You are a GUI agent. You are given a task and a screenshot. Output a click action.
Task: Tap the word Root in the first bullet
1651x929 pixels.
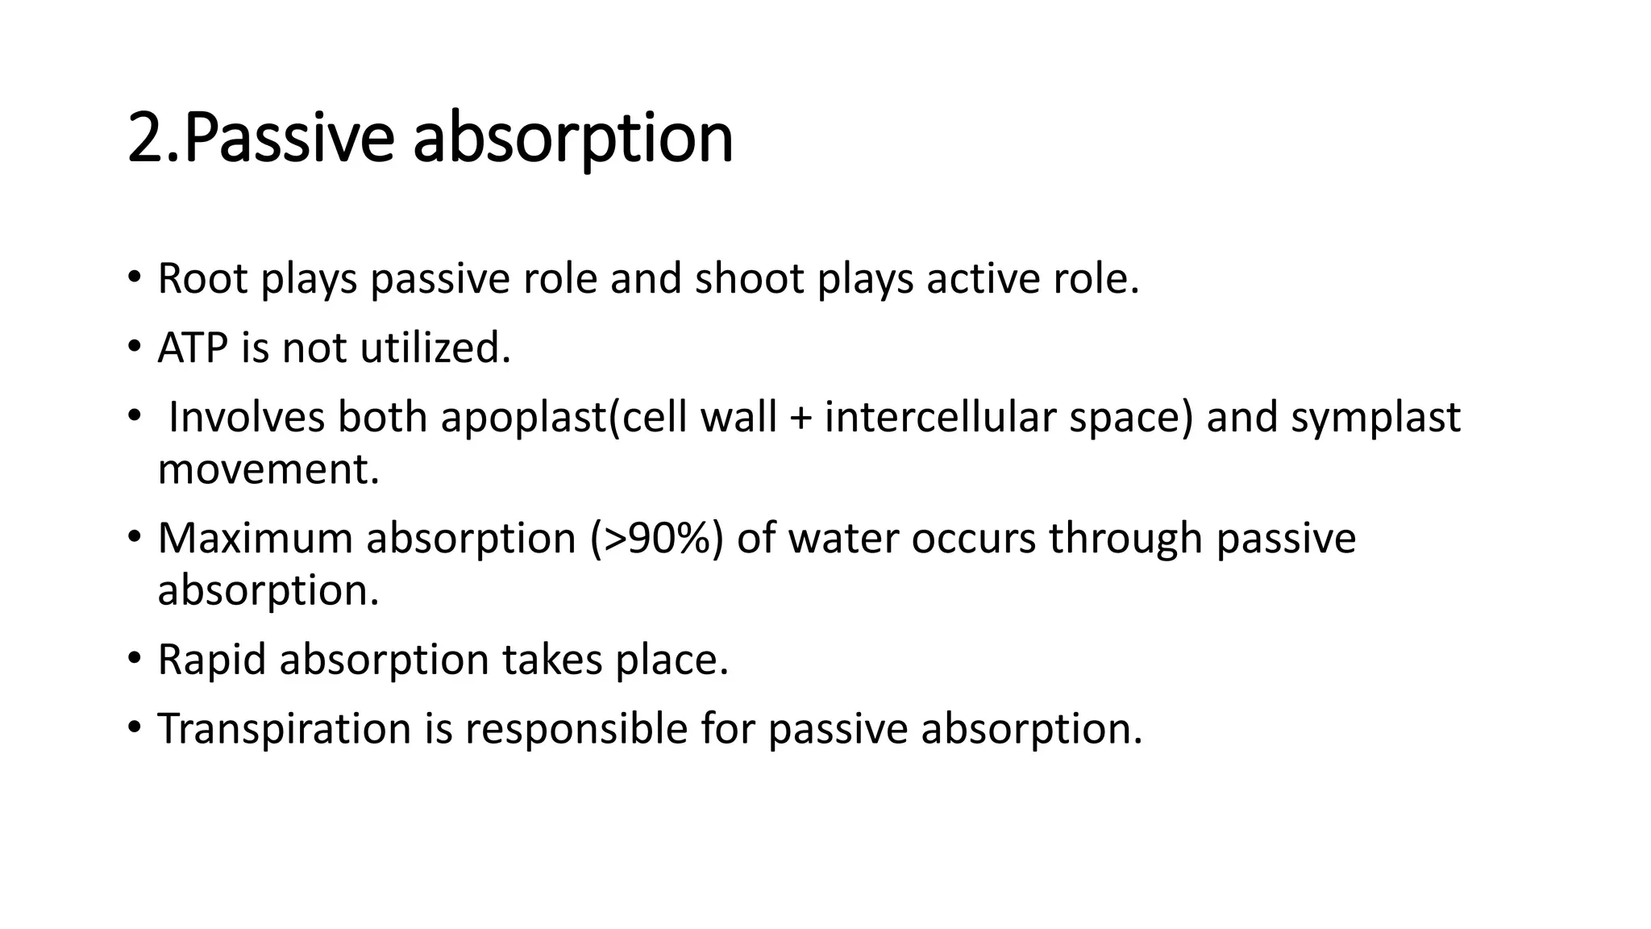202,279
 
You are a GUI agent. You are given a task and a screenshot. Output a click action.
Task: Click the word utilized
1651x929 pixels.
435,348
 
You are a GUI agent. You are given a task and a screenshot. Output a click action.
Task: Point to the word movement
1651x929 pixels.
268,469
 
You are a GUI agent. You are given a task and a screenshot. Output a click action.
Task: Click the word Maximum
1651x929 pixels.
255,538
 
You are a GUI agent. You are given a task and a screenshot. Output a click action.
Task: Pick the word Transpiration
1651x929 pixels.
285,729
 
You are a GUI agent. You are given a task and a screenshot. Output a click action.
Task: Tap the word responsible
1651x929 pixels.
576,729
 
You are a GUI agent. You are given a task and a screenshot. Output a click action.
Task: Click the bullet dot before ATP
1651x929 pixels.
134,348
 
